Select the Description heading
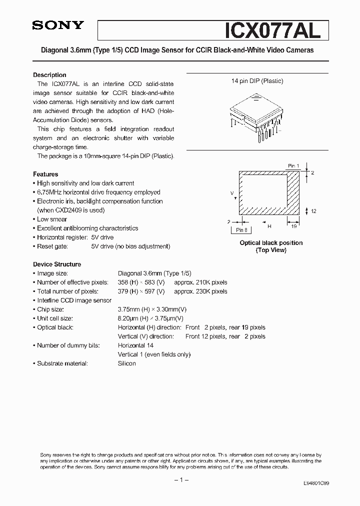(49, 75)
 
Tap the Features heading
(45, 174)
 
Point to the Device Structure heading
(57, 264)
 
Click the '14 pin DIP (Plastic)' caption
(257, 81)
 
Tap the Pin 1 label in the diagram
(293, 165)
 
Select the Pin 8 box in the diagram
(241, 230)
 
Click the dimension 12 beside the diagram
(313, 211)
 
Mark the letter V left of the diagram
(232, 192)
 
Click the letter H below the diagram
(269, 226)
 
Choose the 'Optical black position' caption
(271, 243)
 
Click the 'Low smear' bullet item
(52, 219)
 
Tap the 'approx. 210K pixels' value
(200, 282)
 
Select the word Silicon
(126, 363)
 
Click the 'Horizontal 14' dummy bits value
(135, 345)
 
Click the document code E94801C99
(316, 484)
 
